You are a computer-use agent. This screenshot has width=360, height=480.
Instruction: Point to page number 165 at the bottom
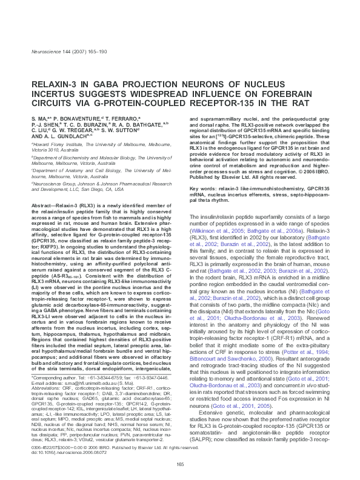pyautogui.click(x=179, y=465)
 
